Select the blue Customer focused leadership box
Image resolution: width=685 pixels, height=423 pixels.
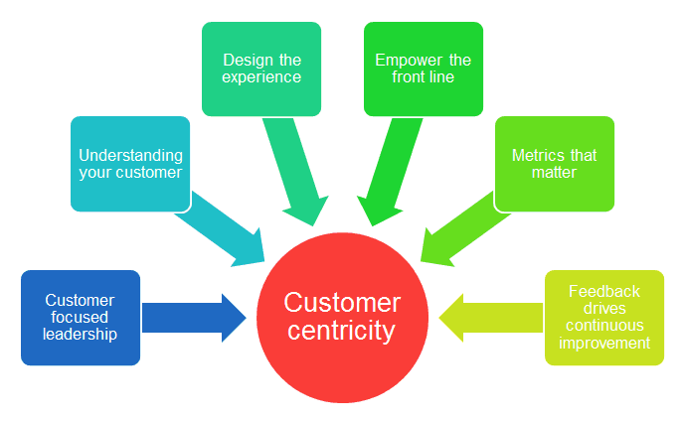click(81, 318)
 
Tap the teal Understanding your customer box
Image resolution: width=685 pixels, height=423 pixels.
click(130, 164)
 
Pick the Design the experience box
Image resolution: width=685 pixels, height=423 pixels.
click(261, 69)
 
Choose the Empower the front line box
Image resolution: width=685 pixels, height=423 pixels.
click(424, 69)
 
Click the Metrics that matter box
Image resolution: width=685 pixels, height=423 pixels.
click(554, 164)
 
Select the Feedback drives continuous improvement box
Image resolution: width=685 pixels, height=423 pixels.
click(604, 318)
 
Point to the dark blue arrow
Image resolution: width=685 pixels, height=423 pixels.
click(193, 318)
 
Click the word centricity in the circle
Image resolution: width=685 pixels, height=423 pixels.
click(343, 331)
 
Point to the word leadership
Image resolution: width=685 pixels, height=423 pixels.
click(81, 335)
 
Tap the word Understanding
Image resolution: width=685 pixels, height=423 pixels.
click(130, 156)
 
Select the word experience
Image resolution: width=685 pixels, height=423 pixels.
click(261, 76)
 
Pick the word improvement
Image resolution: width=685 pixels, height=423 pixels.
click(604, 344)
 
